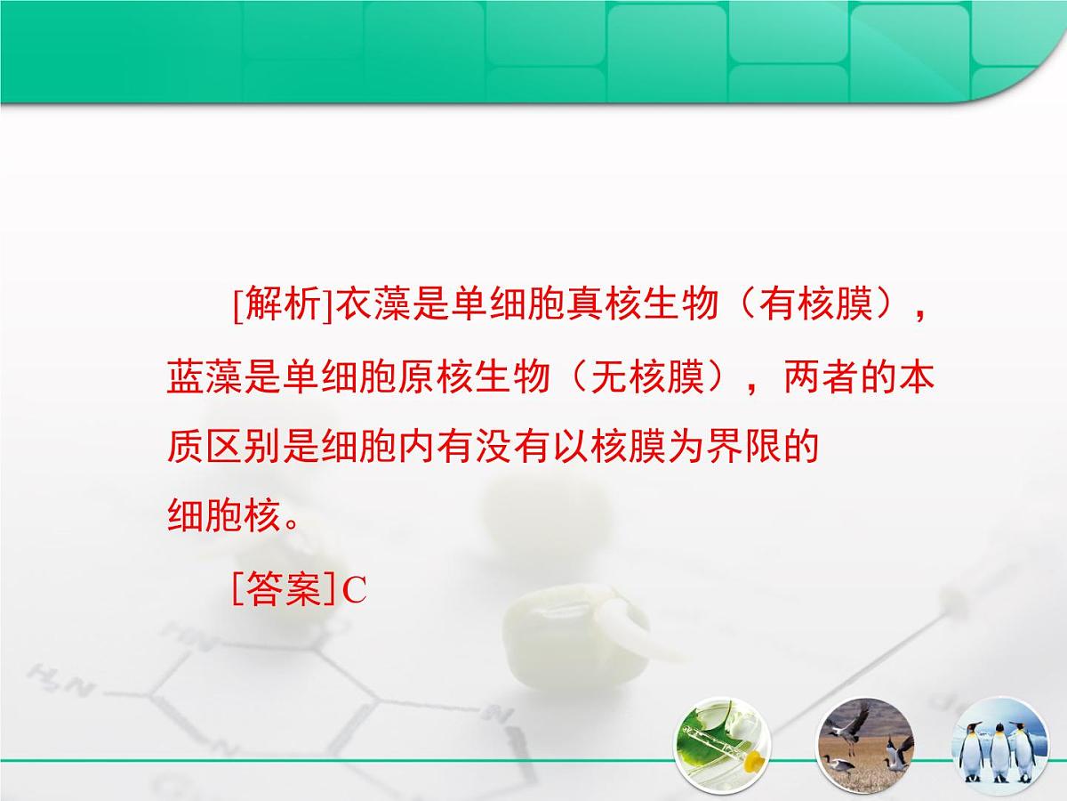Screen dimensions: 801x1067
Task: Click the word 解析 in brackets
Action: pos(280,306)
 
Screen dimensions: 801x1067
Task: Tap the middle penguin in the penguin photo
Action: pos(999,752)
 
